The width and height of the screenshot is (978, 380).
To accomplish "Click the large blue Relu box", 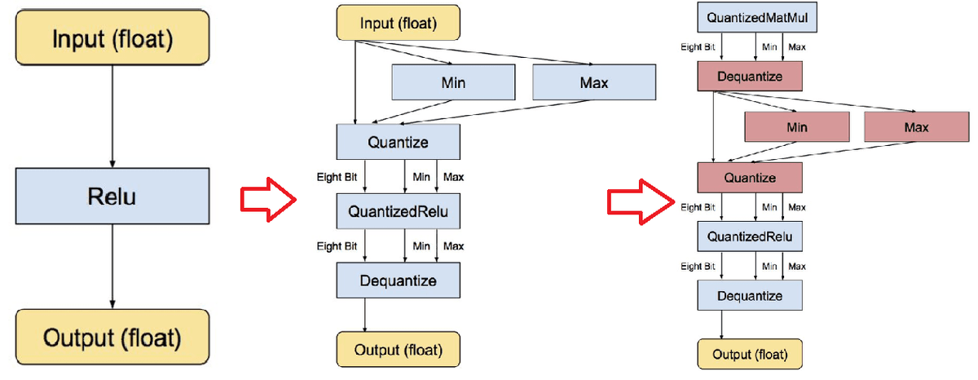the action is pos(112,196).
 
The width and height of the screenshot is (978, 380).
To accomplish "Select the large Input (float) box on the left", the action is pos(112,38).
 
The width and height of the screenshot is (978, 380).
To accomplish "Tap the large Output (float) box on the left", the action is pos(112,337).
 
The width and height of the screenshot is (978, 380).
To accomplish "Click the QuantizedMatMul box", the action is pos(757,17).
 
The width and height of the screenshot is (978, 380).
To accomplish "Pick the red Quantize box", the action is pos(750,177).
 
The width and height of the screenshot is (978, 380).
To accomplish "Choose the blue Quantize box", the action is pos(398,142).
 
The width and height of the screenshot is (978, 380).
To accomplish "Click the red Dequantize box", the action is pos(750,76).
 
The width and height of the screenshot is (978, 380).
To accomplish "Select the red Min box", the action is pos(797,126).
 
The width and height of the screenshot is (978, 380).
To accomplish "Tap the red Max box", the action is pos(916,126).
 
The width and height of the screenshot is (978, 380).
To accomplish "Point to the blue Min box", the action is pos(453,82).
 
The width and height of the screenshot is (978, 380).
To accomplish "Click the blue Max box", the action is pos(594,82).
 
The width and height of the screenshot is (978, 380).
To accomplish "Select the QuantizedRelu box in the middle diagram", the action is pos(398,211).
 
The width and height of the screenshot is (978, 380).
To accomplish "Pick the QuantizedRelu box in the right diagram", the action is pos(750,236).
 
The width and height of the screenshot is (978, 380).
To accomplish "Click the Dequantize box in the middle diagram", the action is pos(398,281).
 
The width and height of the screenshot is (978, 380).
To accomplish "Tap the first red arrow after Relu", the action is pos(268,200).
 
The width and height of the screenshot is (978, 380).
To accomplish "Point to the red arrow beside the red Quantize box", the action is pos(641,201).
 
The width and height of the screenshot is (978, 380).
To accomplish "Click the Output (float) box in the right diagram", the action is pos(750,354).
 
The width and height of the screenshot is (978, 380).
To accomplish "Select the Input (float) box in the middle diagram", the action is pos(398,23).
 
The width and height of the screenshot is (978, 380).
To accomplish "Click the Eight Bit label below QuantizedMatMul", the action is pos(698,46).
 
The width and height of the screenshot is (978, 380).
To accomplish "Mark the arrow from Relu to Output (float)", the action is pos(112,267).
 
